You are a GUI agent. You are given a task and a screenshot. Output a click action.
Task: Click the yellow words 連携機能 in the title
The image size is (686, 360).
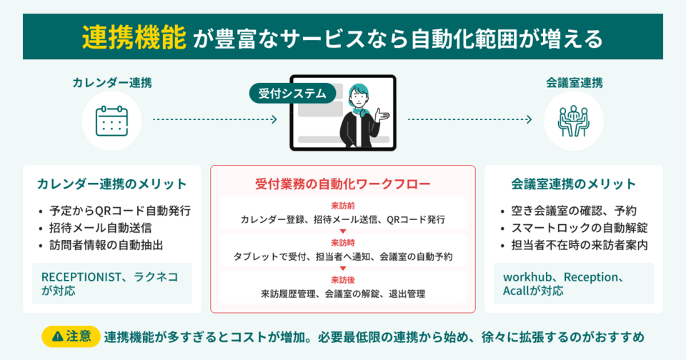pyautogui.click(x=134, y=37)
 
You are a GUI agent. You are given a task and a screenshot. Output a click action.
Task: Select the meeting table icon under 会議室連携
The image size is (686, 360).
pyautogui.click(x=568, y=121)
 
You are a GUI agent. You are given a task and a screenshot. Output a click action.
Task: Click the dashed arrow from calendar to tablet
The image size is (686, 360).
pyautogui.click(x=214, y=120)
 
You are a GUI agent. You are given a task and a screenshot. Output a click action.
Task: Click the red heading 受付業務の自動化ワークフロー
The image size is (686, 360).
pyautogui.click(x=342, y=184)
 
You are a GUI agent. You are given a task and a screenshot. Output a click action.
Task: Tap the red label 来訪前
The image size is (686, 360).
pyautogui.click(x=343, y=206)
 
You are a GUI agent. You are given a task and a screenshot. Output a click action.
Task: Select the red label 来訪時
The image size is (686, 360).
pyautogui.click(x=343, y=243)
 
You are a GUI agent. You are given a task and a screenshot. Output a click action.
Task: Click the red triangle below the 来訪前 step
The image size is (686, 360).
pyautogui.click(x=343, y=231)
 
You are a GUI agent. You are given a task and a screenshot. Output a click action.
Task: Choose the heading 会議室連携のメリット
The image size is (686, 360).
pyautogui.click(x=573, y=184)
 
